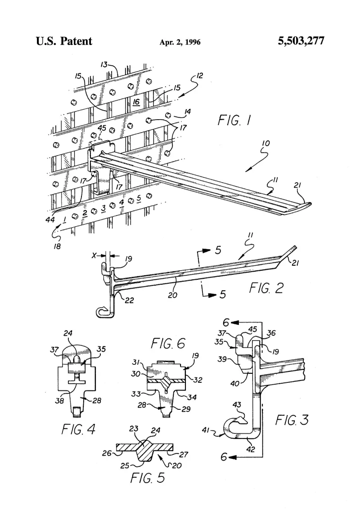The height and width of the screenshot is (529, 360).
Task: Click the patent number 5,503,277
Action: pyautogui.click(x=301, y=41)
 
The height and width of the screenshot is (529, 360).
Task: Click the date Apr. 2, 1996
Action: pyautogui.click(x=180, y=42)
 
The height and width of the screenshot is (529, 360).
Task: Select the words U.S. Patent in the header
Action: pyautogui.click(x=64, y=41)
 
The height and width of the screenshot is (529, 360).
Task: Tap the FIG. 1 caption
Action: pyautogui.click(x=234, y=120)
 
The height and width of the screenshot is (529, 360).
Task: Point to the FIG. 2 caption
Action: pyautogui.click(x=266, y=288)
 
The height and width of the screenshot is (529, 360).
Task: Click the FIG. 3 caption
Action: pyautogui.click(x=292, y=420)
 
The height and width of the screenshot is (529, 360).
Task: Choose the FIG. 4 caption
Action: pyautogui.click(x=78, y=429)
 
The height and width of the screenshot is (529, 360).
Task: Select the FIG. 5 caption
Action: pyautogui.click(x=148, y=478)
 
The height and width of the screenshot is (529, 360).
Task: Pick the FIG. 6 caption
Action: pyautogui.click(x=168, y=344)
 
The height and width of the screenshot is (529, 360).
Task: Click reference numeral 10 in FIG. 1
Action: pyautogui.click(x=266, y=143)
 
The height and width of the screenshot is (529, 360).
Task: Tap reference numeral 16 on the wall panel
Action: pyautogui.click(x=136, y=101)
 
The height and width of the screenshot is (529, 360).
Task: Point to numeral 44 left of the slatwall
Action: pyautogui.click(x=50, y=220)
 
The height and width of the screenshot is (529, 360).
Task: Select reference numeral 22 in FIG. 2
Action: pyautogui.click(x=129, y=300)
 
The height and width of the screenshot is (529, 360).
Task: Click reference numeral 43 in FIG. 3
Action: pyautogui.click(x=237, y=404)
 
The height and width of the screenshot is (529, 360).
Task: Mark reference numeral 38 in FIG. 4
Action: pyautogui.click(x=59, y=401)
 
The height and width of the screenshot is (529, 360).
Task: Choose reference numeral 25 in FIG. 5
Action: pyautogui.click(x=125, y=466)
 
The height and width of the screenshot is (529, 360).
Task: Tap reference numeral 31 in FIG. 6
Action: pyautogui.click(x=135, y=362)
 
